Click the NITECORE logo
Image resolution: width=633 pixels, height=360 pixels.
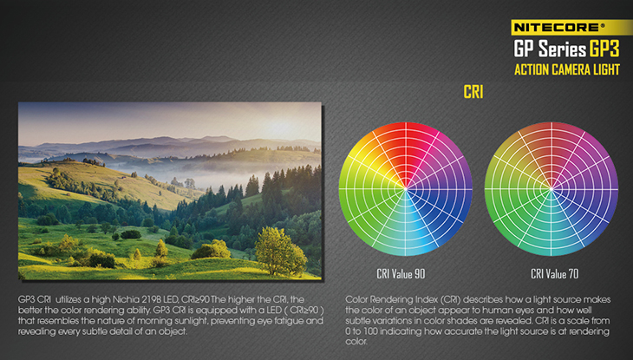(x=559, y=27)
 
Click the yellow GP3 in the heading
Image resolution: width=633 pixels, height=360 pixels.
(x=604, y=49)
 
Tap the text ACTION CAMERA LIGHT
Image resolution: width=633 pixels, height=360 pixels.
(x=567, y=70)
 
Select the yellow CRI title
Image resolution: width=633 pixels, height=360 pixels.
(x=473, y=92)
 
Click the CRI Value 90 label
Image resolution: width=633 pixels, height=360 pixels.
(x=401, y=274)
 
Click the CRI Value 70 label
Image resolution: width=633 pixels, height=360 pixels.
(x=554, y=274)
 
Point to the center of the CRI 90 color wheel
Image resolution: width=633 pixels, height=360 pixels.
(x=405, y=189)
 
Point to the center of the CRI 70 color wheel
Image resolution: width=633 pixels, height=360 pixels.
(x=551, y=189)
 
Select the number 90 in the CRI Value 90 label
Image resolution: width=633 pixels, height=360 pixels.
(x=420, y=274)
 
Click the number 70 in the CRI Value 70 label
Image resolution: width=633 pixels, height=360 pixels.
(x=573, y=274)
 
